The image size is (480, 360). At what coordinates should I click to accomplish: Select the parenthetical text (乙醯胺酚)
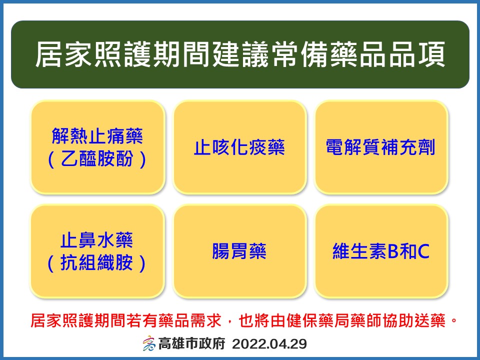(97, 159)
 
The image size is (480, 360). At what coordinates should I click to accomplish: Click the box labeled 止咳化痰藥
(239, 147)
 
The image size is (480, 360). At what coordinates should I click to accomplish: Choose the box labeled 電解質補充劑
(380, 147)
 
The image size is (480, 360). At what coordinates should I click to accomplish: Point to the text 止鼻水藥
(97, 240)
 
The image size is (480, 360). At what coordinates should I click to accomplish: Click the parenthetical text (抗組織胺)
(97, 263)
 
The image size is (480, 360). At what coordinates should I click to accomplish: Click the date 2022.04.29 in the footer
(269, 344)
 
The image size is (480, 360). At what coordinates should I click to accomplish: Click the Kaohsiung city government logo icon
(148, 344)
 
